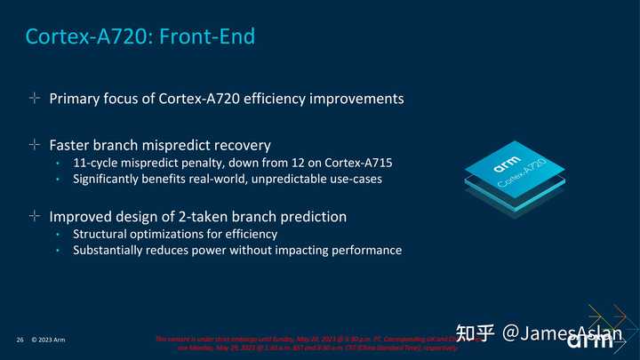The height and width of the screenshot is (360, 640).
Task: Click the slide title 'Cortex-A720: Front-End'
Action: coord(140,36)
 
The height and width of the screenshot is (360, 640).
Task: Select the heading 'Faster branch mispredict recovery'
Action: coord(159,144)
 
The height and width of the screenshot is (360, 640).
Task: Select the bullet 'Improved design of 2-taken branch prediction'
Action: coord(197,216)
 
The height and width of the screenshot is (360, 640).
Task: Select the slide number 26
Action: coord(20,340)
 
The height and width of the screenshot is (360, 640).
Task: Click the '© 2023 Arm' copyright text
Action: coord(48,340)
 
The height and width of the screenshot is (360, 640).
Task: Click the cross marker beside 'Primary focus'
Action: coord(34,99)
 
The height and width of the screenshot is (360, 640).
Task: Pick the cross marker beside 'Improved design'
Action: coord(34,216)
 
